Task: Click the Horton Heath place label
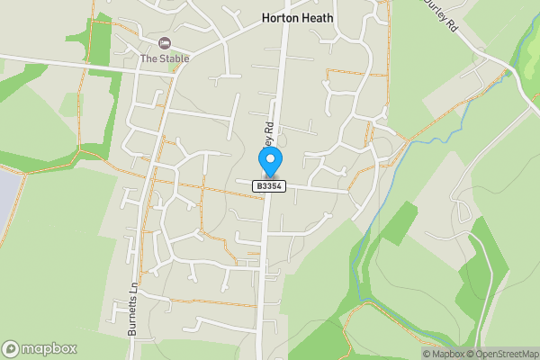click(x=297, y=17)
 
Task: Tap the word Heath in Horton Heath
click(x=318, y=17)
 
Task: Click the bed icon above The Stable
click(x=164, y=43)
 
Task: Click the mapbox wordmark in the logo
click(x=50, y=349)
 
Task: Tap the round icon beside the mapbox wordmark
click(x=12, y=349)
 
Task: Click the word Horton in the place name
click(x=278, y=17)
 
